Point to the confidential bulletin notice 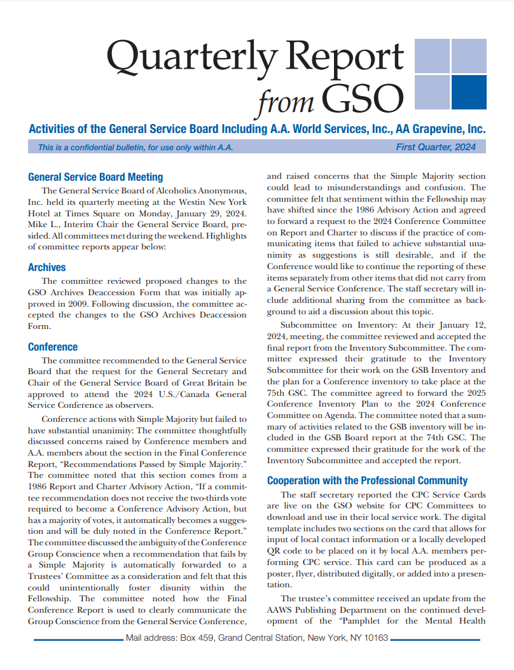[x=135, y=148]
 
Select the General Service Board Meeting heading [x=95, y=177]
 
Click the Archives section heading [x=47, y=267]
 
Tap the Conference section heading [x=53, y=347]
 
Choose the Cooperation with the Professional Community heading [x=367, y=480]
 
